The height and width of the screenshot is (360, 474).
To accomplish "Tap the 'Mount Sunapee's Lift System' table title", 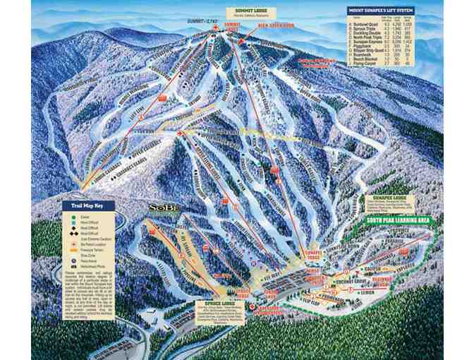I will click(381, 11).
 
